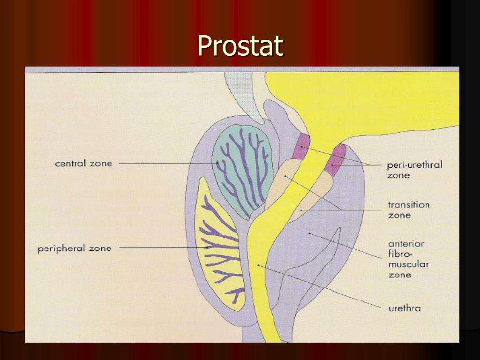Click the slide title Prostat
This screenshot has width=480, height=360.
pyautogui.click(x=240, y=45)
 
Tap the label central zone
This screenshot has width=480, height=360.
pyautogui.click(x=83, y=164)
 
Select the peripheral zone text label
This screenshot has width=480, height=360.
pyautogui.click(x=74, y=248)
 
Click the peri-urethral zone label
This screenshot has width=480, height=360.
pyautogui.click(x=414, y=170)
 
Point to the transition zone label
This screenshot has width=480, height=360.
pyautogui.click(x=408, y=210)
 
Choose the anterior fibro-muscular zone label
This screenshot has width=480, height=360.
pyautogui.click(x=408, y=259)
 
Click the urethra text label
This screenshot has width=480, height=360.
pyautogui.click(x=405, y=308)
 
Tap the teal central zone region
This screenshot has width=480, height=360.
pyautogui.click(x=241, y=169)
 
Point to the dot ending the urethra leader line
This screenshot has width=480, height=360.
pyautogui.click(x=258, y=266)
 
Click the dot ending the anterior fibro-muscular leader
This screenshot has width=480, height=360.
pyautogui.click(x=309, y=233)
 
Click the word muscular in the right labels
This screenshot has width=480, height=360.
pyautogui.click(x=408, y=264)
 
